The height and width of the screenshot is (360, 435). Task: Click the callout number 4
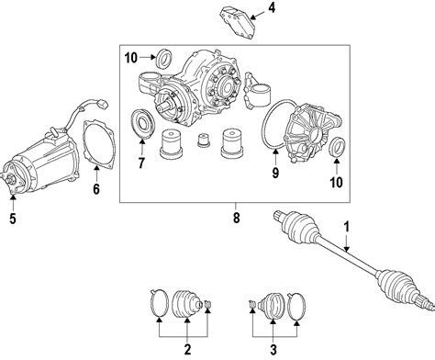point(272,8)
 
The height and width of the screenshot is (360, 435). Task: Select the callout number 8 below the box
point(236,218)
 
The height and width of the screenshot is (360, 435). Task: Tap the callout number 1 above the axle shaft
point(346,227)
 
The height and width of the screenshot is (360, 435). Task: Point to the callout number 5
point(13,219)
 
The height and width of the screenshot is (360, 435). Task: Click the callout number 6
point(96,189)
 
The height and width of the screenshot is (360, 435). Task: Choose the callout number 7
point(141,163)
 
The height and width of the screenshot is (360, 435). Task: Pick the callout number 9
point(275,173)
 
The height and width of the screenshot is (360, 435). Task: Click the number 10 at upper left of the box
point(131,58)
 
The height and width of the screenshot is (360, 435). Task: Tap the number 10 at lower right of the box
point(336,183)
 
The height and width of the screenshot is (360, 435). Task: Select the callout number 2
point(187,349)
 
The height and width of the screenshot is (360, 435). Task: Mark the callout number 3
point(273,349)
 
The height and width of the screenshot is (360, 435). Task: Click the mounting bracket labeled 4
point(238,23)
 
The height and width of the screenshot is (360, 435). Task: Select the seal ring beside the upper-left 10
point(164,58)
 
